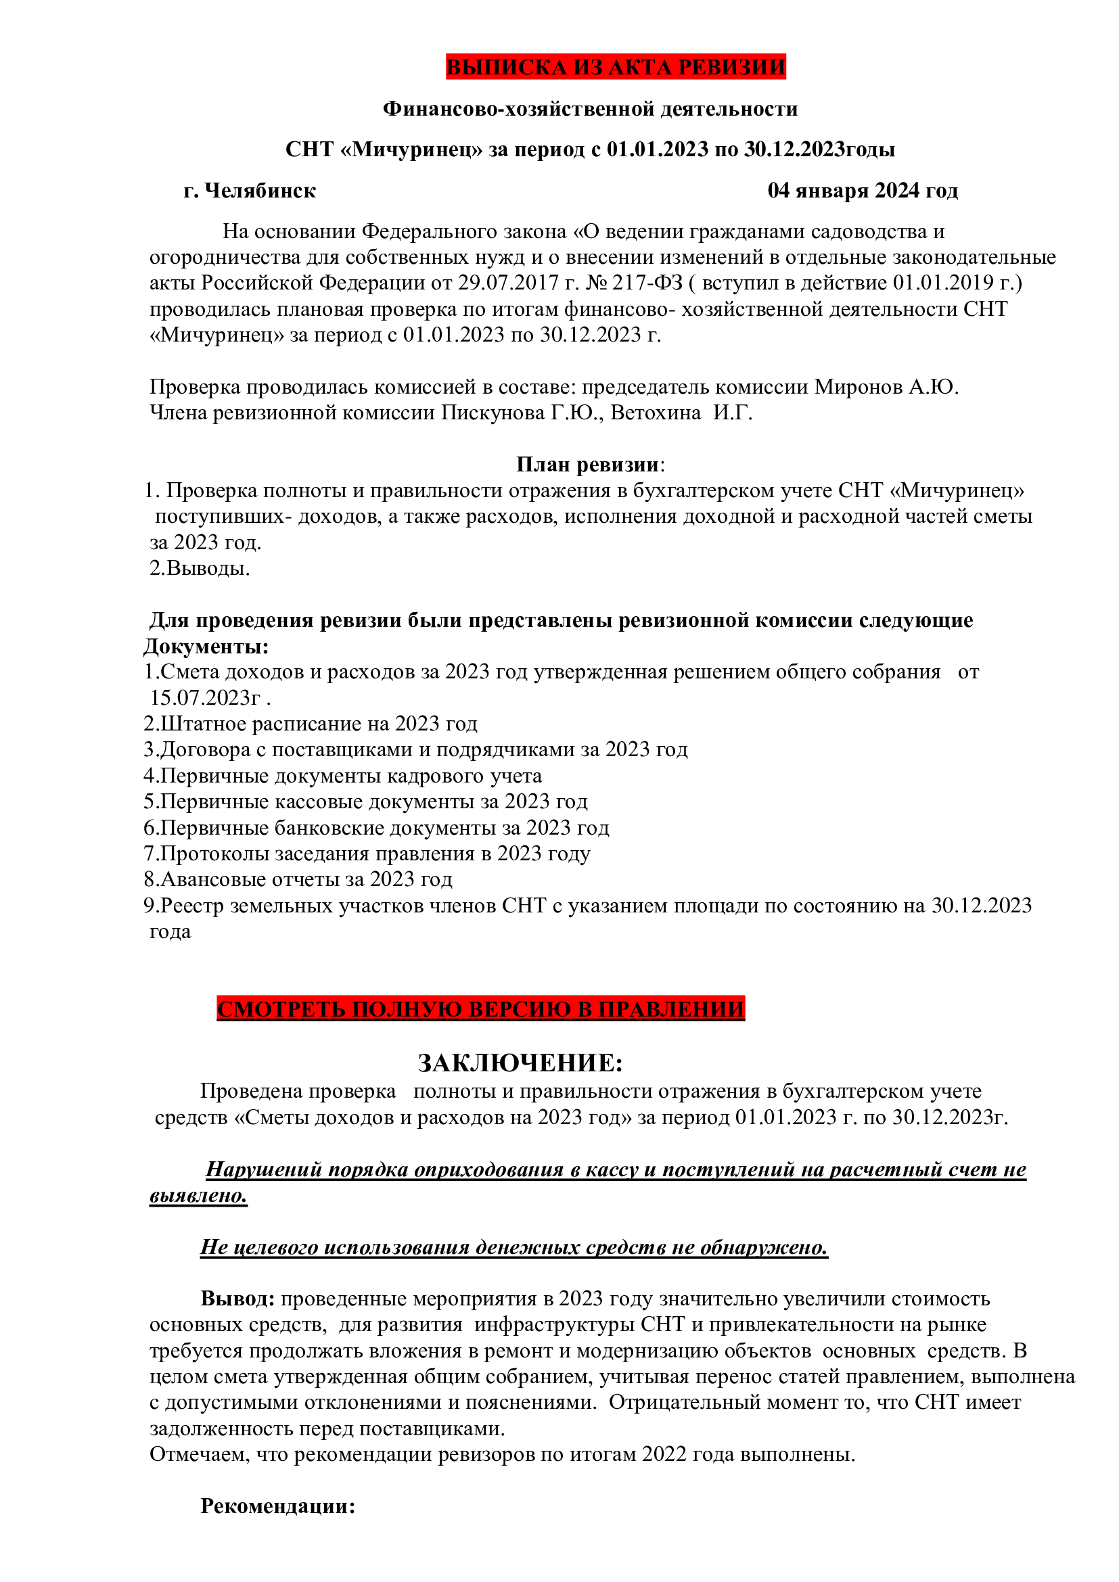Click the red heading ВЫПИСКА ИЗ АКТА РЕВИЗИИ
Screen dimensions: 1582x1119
[x=614, y=67]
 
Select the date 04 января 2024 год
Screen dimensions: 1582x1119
[x=862, y=190]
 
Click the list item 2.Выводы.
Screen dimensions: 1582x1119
[x=199, y=568]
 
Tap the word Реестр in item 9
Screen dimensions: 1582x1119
[x=192, y=906]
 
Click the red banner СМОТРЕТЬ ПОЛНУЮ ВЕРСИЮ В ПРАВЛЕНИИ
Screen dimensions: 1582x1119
[x=480, y=1008]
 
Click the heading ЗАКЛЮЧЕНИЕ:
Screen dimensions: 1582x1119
[x=520, y=1063]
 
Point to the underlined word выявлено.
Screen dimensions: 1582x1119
[x=198, y=1195]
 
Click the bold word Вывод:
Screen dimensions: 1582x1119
[x=237, y=1299]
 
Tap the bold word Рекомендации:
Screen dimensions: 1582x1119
[x=277, y=1506]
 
